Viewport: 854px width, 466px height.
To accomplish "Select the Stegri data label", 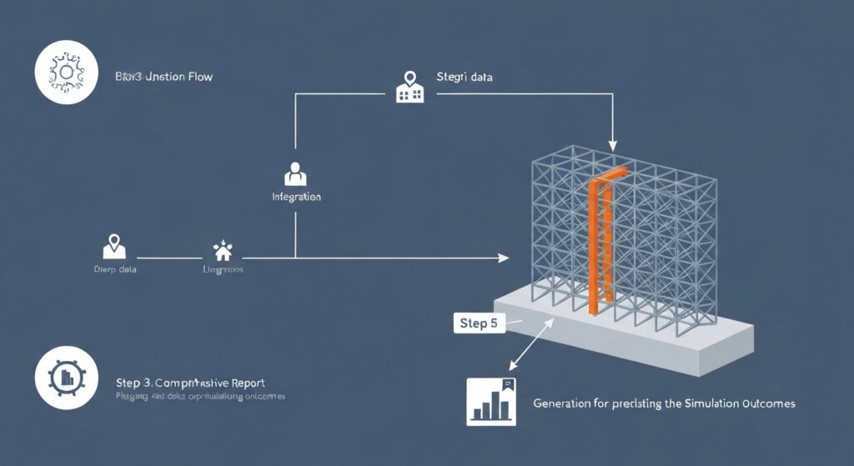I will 464,77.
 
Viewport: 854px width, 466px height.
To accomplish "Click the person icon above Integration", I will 295,173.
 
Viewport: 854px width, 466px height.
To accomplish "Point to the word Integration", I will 296,198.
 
